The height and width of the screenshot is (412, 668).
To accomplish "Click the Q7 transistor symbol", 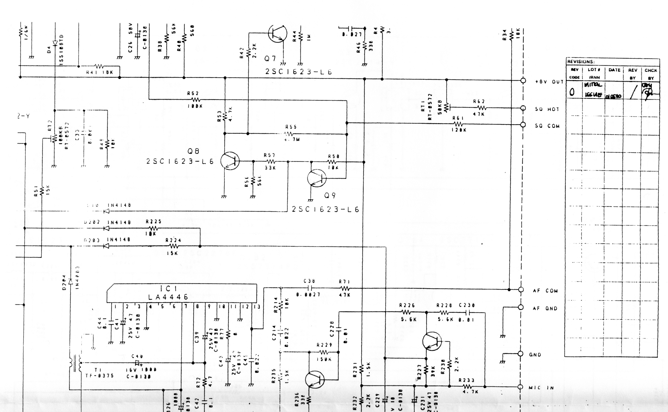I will [277, 33].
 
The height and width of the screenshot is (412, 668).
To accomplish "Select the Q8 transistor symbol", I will [230, 161].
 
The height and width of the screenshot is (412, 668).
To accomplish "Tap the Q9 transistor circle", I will [317, 178].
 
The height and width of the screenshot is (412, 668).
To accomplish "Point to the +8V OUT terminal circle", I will [523, 81].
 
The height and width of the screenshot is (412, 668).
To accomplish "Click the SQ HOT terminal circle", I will [523, 108].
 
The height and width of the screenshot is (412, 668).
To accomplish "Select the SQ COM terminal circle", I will [523, 125].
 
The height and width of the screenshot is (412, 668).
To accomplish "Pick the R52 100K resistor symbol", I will [195, 99].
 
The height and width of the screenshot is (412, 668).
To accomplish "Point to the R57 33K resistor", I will [270, 161].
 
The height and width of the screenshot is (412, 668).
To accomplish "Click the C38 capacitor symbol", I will [310, 288].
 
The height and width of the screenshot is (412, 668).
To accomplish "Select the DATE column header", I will [614, 70].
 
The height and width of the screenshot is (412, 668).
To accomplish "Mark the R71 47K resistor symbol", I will [345, 288].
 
